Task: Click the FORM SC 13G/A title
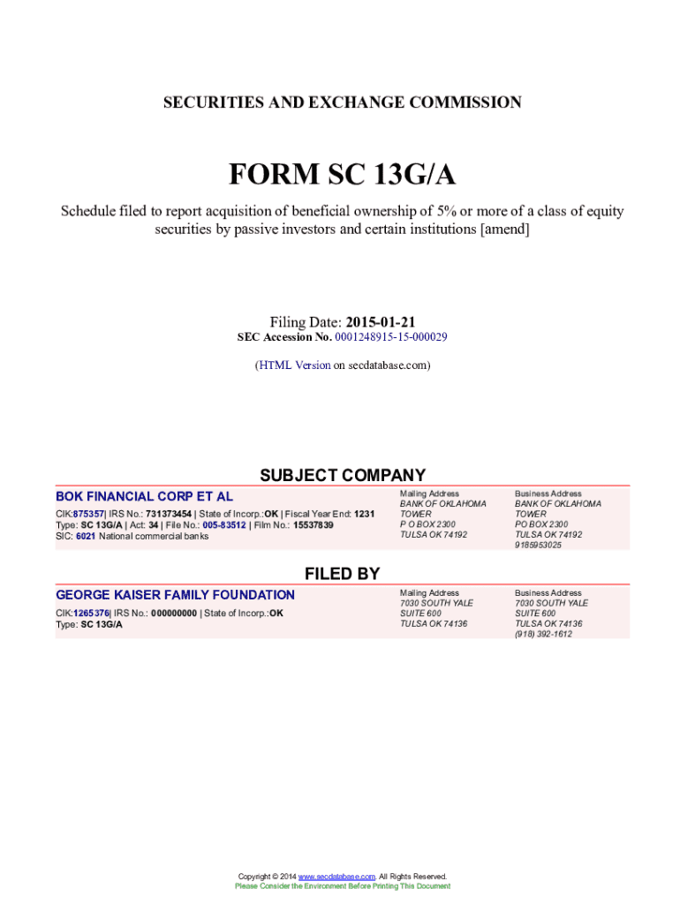pos(342,176)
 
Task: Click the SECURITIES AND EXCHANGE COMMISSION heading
pos(342,102)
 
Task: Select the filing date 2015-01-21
pos(380,322)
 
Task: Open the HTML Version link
pos(294,365)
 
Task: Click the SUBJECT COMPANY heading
pos(342,475)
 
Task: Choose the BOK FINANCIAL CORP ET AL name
pos(144,496)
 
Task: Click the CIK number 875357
pos(88,514)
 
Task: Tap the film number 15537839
pos(313,524)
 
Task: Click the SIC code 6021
pos(85,536)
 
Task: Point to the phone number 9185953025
pos(538,545)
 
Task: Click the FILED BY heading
pos(342,574)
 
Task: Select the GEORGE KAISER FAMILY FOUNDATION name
pos(175,595)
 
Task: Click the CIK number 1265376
pos(91,613)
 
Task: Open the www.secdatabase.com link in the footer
pos(336,876)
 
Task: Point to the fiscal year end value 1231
pos(365,514)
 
